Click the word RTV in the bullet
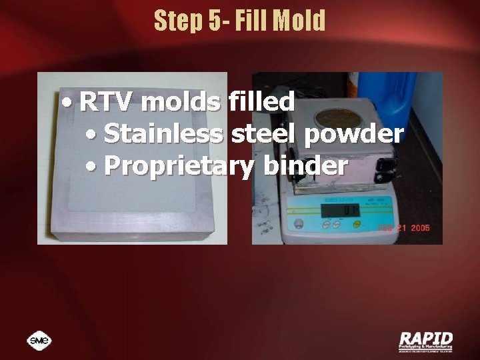[107, 103]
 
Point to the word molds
[181, 103]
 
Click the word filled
[261, 103]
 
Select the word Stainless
[164, 134]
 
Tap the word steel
[265, 134]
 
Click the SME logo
[39, 341]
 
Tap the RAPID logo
[425, 341]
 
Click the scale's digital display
[341, 211]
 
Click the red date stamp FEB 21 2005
[403, 229]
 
